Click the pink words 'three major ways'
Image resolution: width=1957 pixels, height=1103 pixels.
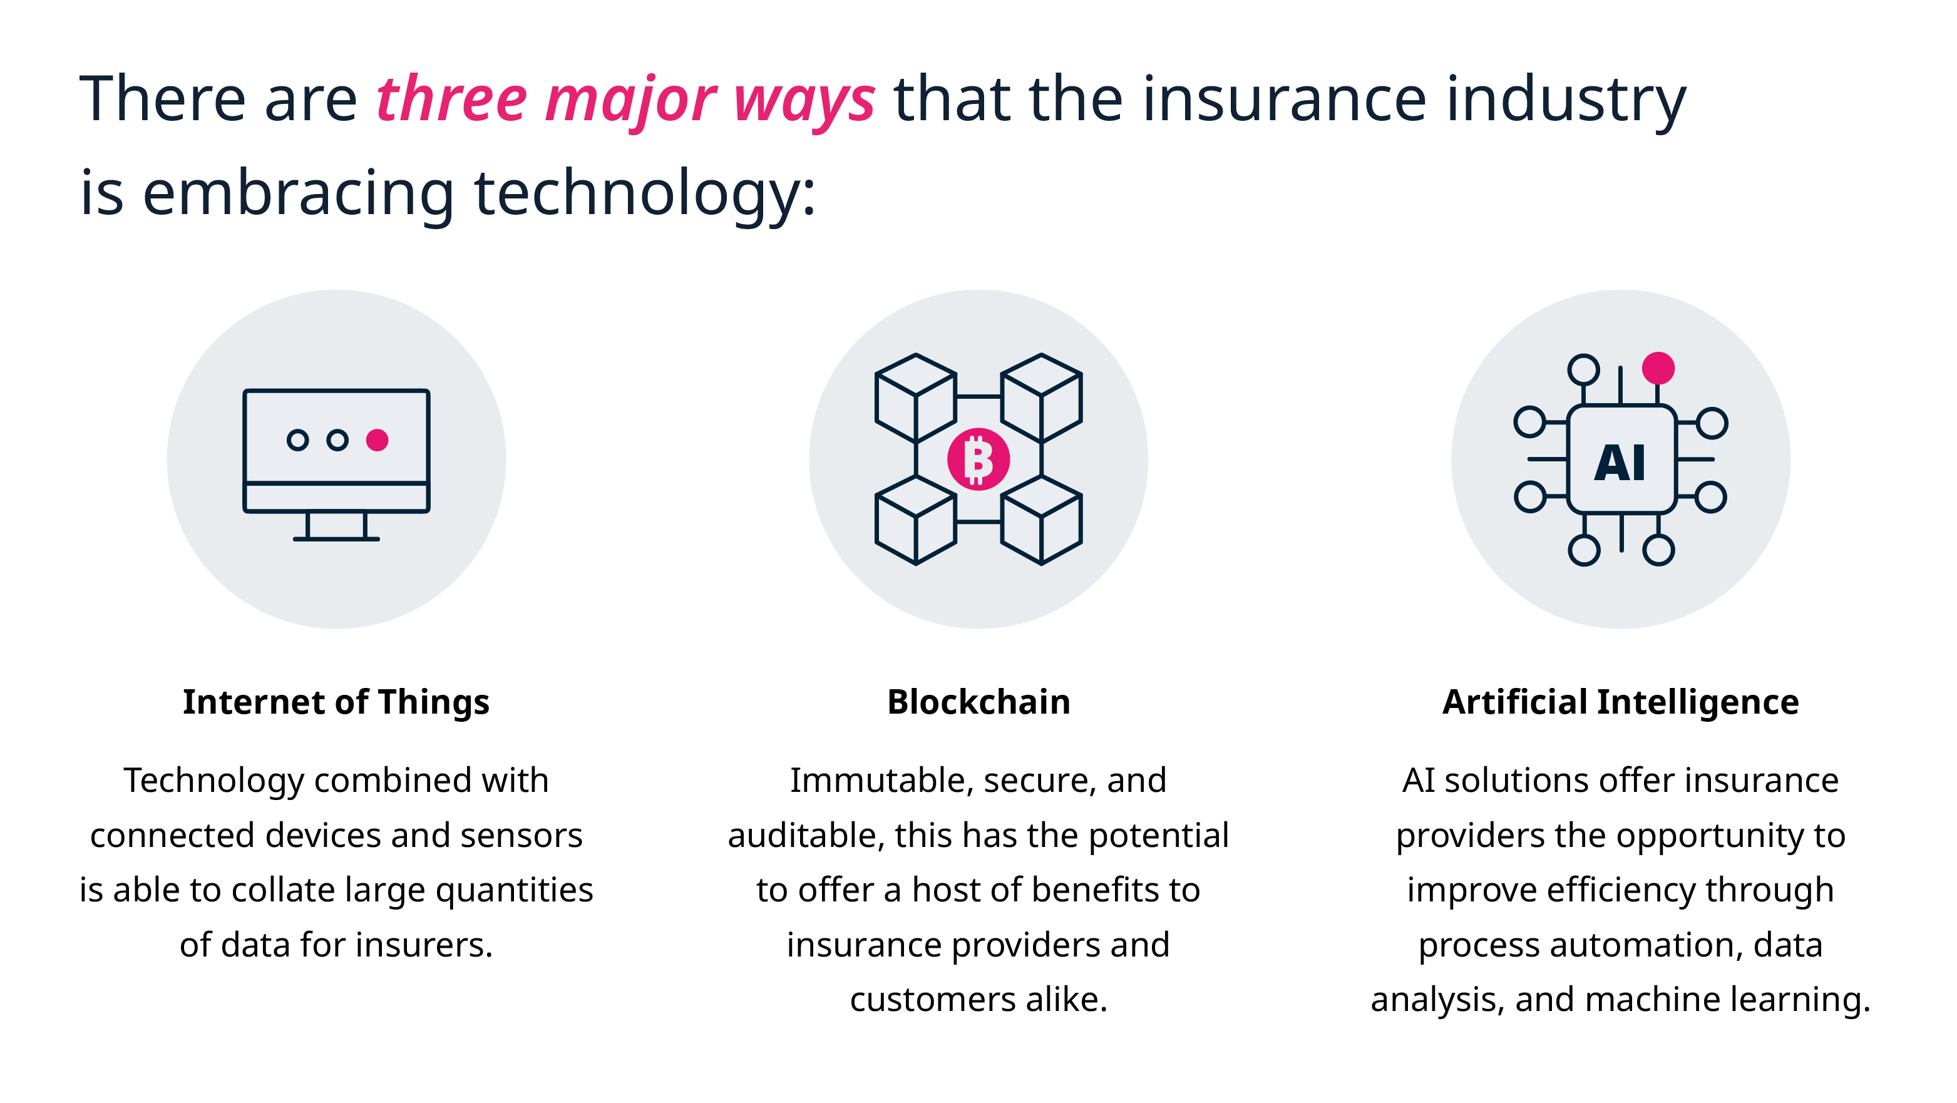625,100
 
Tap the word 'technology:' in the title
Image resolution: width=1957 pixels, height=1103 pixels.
644,193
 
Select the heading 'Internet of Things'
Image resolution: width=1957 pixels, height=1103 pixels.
336,702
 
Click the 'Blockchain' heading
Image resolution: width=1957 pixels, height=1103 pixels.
978,702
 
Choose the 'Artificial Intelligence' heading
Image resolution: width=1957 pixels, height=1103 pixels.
1620,702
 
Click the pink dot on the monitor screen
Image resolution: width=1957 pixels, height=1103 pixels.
378,441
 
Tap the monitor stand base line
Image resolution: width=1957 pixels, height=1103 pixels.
337,538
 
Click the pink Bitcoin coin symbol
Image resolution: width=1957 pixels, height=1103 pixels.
978,459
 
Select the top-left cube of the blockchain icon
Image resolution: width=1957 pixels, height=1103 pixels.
915,398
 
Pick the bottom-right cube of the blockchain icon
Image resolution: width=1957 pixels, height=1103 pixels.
1041,520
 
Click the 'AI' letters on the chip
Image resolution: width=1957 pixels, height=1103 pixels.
1620,463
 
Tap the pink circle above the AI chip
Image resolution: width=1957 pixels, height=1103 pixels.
1658,369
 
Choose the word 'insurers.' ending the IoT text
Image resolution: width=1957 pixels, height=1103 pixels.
424,946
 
